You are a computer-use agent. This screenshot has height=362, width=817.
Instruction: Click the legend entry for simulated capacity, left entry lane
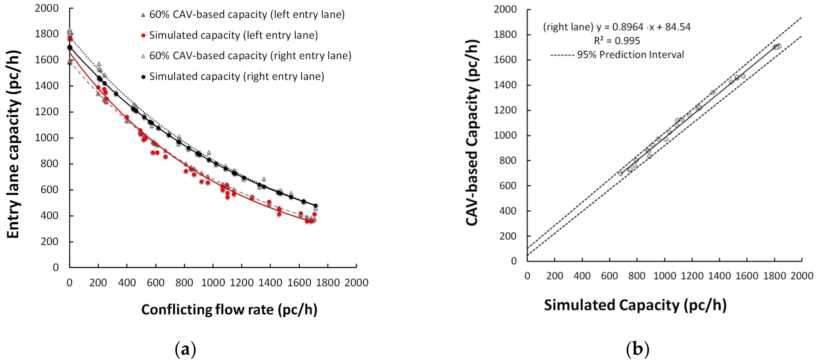233,35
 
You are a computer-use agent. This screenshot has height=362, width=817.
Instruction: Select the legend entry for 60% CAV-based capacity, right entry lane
250,56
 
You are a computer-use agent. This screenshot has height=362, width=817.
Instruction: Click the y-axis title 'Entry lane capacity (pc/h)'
13,144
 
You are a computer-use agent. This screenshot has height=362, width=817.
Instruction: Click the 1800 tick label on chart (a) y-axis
47,34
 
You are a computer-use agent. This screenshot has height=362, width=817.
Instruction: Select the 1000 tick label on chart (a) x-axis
213,282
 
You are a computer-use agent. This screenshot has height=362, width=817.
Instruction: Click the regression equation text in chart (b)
616,27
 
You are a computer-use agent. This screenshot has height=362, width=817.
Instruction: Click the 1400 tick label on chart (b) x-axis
719,276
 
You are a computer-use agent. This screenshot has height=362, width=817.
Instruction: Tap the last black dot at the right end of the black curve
315,206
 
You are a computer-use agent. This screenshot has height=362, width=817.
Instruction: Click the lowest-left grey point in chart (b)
620,174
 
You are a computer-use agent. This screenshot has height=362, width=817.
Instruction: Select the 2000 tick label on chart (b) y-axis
505,9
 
